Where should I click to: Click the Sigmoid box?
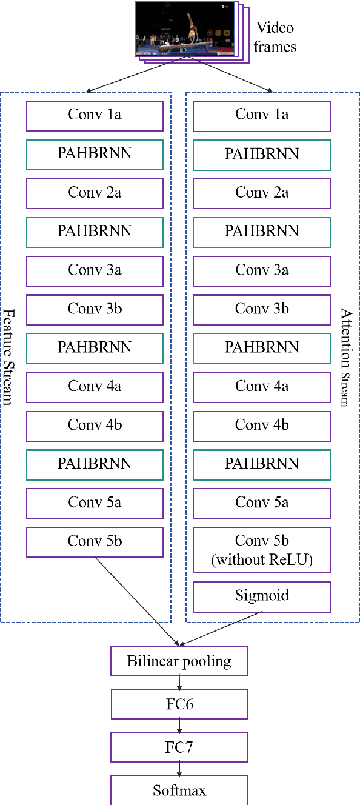(262, 596)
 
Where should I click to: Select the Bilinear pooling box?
(179, 661)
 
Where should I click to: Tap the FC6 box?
(179, 704)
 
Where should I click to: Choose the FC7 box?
(179, 747)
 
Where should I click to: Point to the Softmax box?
(179, 790)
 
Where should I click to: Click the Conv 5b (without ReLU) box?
(262, 550)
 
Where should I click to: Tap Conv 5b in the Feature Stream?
(95, 541)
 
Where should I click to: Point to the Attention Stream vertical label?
(346, 357)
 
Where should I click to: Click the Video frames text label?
(275, 38)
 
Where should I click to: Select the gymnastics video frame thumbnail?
(184, 28)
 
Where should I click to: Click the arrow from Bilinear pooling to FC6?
(179, 683)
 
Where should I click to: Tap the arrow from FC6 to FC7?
(179, 726)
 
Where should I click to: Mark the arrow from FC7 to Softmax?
(179, 769)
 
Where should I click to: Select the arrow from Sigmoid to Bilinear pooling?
(222, 627)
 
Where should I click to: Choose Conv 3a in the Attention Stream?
(262, 270)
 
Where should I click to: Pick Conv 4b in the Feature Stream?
(95, 426)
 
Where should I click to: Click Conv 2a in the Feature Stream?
(95, 193)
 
